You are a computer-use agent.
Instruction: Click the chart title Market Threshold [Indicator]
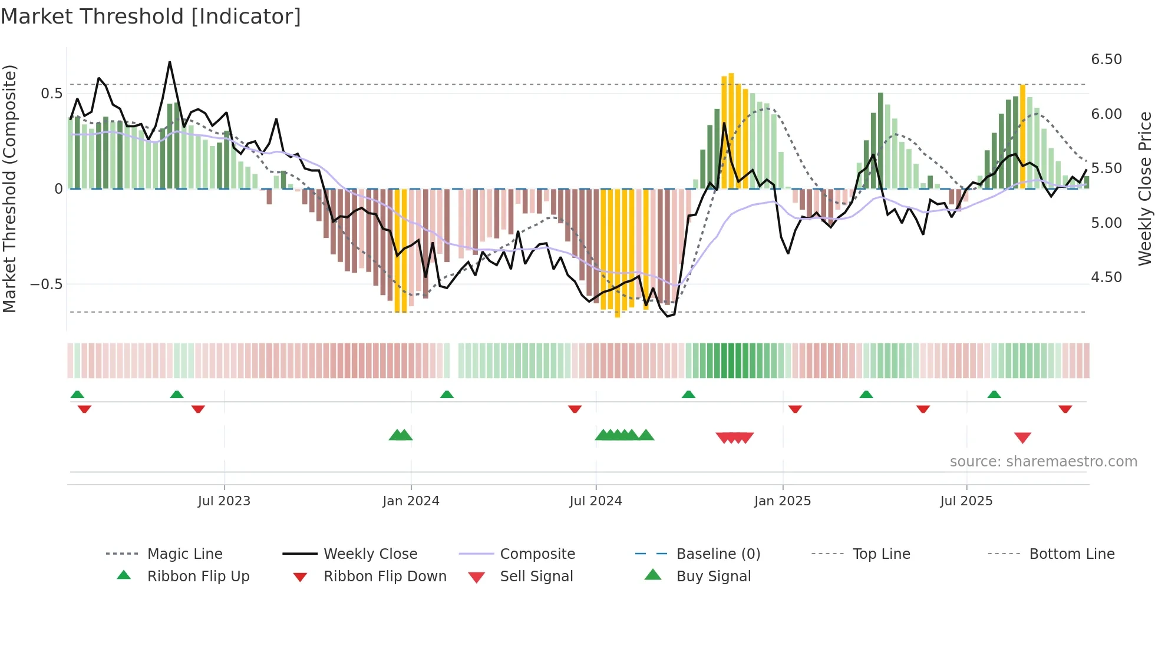pos(151,16)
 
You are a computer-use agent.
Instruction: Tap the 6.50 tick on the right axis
pos(1106,59)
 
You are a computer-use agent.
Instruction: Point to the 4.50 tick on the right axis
pos(1106,277)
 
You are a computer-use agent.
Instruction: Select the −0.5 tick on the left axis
pos(46,284)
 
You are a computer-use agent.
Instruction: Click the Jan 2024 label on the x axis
pos(411,501)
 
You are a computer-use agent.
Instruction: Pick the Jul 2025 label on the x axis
pos(966,501)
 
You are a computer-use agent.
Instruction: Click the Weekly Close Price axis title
pos(1144,188)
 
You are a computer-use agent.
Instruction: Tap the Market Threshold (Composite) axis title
pos(9,188)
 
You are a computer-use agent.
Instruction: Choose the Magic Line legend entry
pos(184,554)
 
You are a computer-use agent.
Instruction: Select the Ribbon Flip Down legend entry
pos(385,577)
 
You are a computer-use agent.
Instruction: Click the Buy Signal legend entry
pos(713,577)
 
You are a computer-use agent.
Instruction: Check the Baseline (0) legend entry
pos(718,554)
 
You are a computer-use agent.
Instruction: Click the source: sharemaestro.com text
pos(1043,462)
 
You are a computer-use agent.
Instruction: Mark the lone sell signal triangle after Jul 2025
pos(1022,438)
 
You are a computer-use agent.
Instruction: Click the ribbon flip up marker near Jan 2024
pos(447,395)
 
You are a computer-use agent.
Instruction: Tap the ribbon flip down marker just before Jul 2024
pos(575,409)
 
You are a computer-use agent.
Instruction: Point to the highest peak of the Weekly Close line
pos(170,62)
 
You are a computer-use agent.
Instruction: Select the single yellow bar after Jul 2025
pos(1022,135)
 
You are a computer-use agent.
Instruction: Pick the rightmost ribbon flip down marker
pos(1065,409)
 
